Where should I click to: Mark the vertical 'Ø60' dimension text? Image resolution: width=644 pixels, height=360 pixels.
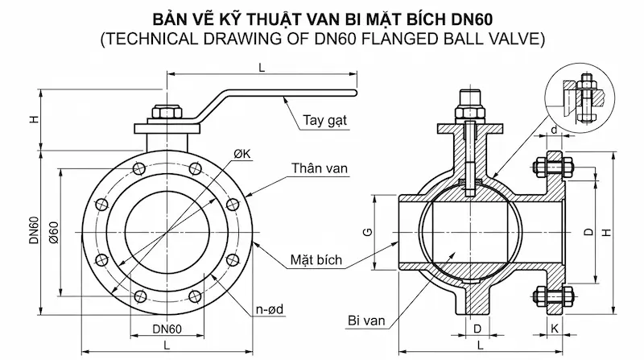[x=53, y=234]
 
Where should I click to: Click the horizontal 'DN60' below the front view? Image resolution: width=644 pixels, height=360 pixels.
[x=167, y=328]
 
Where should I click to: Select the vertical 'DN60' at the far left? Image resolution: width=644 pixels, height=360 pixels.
[x=34, y=232]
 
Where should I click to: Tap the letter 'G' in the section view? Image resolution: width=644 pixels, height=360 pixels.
[x=367, y=233]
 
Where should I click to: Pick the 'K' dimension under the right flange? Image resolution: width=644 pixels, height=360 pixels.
[x=556, y=328]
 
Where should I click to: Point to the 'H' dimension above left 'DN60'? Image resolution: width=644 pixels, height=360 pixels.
[x=34, y=119]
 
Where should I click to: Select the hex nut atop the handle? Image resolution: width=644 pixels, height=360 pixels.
[x=159, y=113]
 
